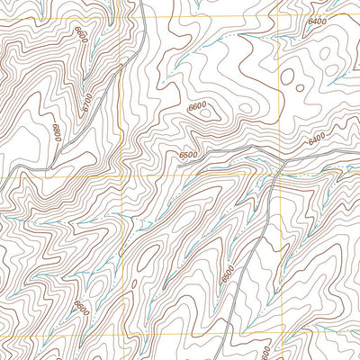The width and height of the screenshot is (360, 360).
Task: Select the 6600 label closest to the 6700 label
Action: (x=82, y=36)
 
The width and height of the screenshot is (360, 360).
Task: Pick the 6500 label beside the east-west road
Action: (x=188, y=155)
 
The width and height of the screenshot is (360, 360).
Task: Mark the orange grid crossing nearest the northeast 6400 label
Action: (x=278, y=16)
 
